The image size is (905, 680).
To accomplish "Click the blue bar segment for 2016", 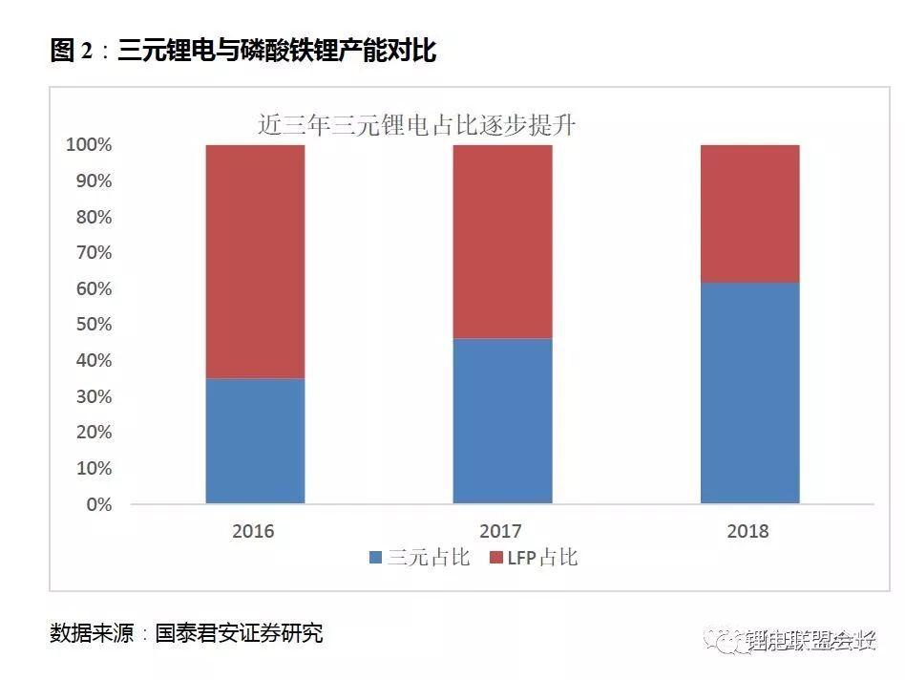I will pos(255,440).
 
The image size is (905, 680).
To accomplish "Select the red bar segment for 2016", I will pos(255,262).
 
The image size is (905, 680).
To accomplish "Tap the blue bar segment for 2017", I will pos(502,420).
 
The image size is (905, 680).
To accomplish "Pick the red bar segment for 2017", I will pos(502,242).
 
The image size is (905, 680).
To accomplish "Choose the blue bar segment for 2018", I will pos(749,393).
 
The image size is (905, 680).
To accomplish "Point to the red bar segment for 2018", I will pos(749,214).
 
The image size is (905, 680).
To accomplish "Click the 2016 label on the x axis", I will pos(253,531).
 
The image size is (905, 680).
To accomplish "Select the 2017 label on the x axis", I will pos(501,531).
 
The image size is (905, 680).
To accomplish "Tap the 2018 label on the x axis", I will pos(747,531).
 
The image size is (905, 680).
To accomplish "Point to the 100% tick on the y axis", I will pos(88,145).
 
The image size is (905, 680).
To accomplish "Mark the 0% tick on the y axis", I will pos(98,504).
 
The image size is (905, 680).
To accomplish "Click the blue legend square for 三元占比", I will pos(375,558).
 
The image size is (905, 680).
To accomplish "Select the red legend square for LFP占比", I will pos(495,558).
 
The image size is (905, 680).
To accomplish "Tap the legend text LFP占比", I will pos(542,558).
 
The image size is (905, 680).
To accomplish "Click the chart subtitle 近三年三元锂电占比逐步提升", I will pos(416,125).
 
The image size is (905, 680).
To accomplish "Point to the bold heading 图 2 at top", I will pos(71,52).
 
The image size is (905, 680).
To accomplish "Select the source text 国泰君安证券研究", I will pos(239,633).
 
